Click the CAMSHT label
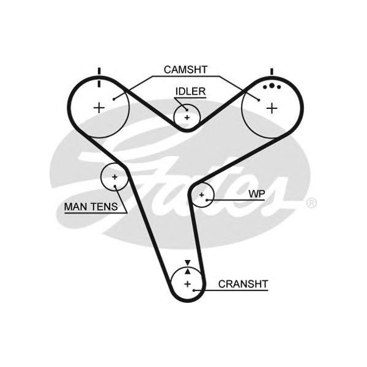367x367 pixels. tap(184, 69)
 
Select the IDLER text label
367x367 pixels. tap(190, 92)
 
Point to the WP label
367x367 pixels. tap(256, 194)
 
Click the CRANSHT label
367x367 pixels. tap(243, 284)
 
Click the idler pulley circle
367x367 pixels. tap(187, 117)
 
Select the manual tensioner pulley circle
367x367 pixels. tap(114, 177)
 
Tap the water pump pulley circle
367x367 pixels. tap(201, 195)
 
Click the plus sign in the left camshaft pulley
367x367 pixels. tap(98, 108)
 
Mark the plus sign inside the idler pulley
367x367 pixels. tap(187, 117)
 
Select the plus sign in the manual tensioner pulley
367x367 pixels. tap(114, 177)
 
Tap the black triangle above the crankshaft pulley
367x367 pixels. tap(188, 263)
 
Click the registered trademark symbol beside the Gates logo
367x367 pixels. tap(311, 203)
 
